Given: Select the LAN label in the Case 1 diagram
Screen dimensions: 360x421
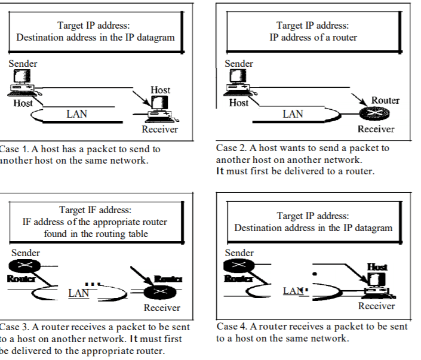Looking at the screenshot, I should coord(76,114).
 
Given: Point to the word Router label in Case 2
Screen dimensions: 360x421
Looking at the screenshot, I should coord(385,100).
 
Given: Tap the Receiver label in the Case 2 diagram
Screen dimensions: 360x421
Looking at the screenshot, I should coord(376,129).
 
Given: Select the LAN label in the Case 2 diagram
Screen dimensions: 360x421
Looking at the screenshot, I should coord(293,114).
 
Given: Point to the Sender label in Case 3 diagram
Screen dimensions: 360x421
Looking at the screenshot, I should coord(26,253).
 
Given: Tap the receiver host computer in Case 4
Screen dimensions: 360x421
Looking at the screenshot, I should coord(376,284).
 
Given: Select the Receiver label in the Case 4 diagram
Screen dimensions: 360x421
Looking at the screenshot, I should coord(376,306).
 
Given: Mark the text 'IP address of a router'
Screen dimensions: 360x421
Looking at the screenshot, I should coord(313,38).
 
